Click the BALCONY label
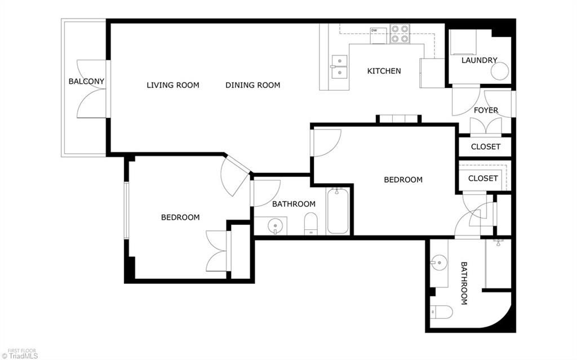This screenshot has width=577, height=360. [x=86, y=81]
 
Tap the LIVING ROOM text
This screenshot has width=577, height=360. [x=172, y=85]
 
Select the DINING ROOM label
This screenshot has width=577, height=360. [x=252, y=85]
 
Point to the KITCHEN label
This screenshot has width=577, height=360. [x=384, y=70]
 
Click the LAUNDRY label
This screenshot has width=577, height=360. [x=479, y=60]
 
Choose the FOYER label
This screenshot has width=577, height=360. [x=485, y=110]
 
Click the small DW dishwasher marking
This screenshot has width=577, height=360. [x=374, y=30]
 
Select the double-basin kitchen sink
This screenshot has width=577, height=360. [x=339, y=67]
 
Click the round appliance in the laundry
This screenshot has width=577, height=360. [x=499, y=71]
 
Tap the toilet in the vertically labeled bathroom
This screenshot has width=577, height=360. [x=441, y=312]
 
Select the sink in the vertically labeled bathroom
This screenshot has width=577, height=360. [x=438, y=263]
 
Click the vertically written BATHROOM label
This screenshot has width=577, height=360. [x=464, y=283]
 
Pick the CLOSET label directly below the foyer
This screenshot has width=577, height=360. [x=485, y=146]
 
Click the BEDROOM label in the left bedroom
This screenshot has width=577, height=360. [x=180, y=217]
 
